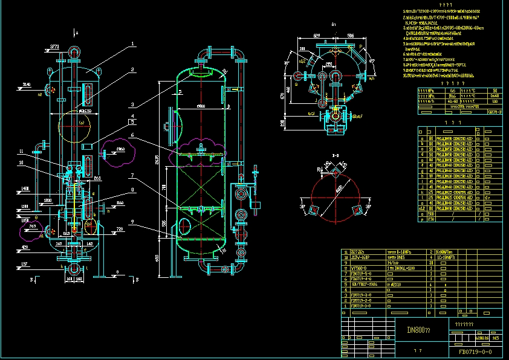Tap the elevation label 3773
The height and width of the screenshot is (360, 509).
click(x=54, y=46)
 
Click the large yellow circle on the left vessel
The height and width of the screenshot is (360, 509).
click(x=73, y=127)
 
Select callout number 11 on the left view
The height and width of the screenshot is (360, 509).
click(x=37, y=151)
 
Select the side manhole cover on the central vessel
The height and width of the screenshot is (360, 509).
click(x=173, y=125)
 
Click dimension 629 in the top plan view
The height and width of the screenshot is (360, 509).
click(x=317, y=37)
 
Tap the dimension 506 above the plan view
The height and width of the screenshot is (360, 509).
click(x=350, y=37)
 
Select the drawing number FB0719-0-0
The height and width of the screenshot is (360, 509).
click(x=475, y=351)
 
